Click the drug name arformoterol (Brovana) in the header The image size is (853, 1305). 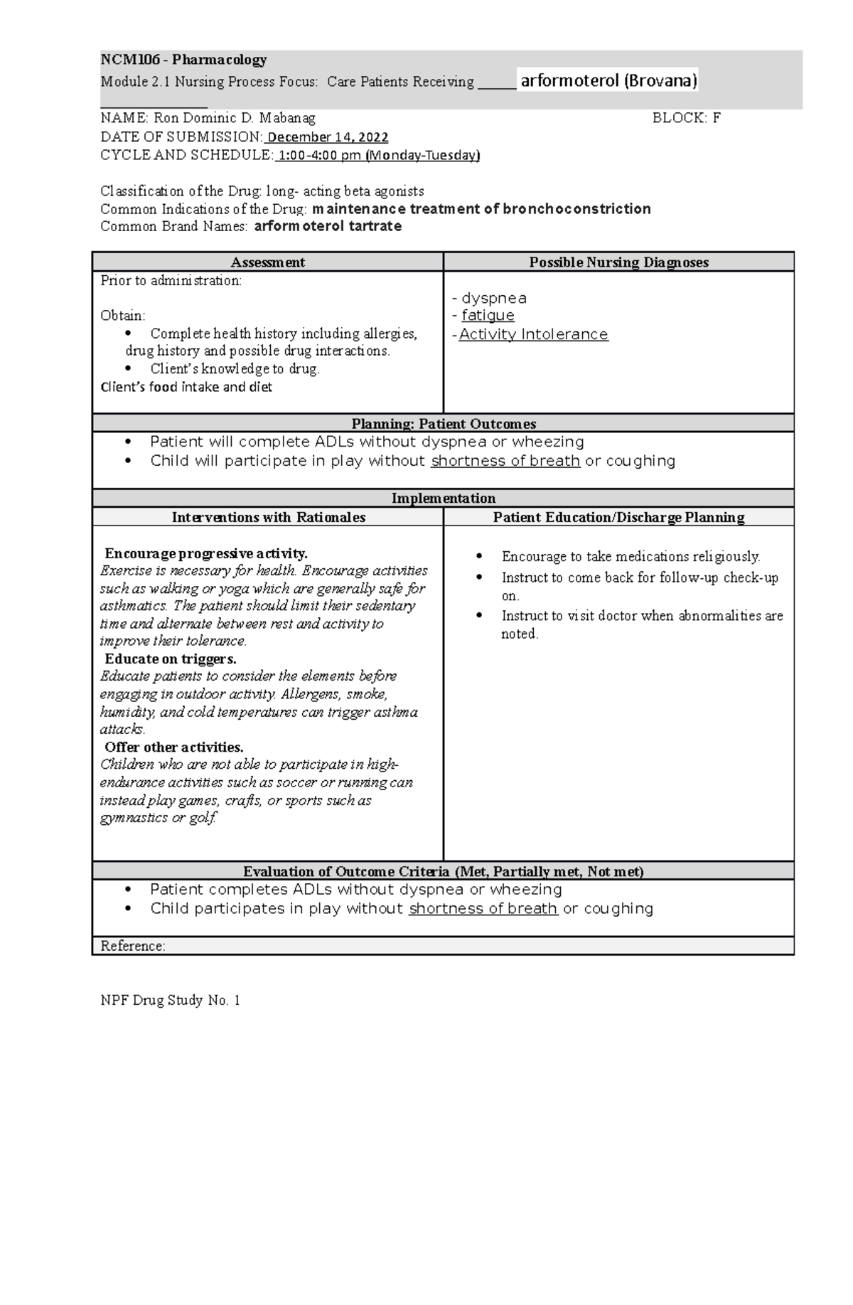[x=608, y=80]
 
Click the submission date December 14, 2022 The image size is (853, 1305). [x=328, y=137]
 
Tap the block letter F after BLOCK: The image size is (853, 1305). [x=717, y=118]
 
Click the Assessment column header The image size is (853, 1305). [x=268, y=262]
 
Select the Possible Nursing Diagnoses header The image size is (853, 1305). [x=618, y=262]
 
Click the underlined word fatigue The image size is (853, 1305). [x=488, y=315]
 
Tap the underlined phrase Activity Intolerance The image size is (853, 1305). [x=533, y=334]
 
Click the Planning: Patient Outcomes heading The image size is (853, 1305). [x=444, y=424]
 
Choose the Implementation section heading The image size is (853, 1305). [x=444, y=498]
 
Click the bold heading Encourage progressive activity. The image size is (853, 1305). [x=206, y=553]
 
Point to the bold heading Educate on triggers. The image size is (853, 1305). [x=171, y=659]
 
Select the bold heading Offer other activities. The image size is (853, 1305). [x=174, y=747]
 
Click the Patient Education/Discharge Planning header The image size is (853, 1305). [x=618, y=517]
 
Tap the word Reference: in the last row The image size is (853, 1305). [x=133, y=946]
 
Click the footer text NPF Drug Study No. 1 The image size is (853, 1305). [x=171, y=1001]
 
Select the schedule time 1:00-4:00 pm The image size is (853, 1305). [x=320, y=155]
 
